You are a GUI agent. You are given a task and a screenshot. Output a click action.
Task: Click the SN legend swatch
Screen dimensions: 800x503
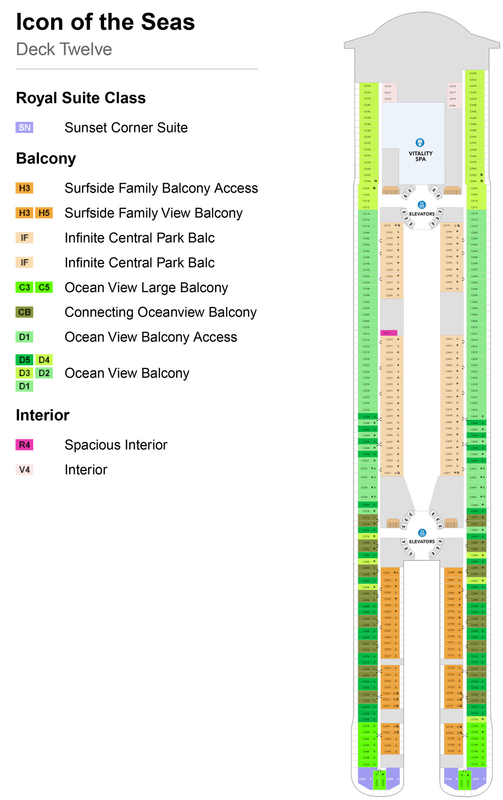(x=24, y=127)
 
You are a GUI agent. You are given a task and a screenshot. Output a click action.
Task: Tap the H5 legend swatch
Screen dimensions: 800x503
(x=44, y=213)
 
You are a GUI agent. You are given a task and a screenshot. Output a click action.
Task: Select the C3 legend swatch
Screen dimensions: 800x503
(x=24, y=287)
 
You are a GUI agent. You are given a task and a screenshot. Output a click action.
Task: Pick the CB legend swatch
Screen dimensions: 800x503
(x=24, y=312)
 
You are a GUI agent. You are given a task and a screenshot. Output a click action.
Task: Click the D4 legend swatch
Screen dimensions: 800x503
(x=44, y=360)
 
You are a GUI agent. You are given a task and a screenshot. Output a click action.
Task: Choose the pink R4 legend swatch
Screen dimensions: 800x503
(x=24, y=445)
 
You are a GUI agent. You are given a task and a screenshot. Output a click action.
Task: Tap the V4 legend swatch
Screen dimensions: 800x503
(x=24, y=470)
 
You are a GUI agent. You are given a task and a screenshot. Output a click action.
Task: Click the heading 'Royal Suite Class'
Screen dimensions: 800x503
(x=81, y=98)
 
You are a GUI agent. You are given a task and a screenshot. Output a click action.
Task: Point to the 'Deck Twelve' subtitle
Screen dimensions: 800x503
(x=64, y=49)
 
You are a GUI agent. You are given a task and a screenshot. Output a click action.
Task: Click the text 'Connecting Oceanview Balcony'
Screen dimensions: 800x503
(x=161, y=312)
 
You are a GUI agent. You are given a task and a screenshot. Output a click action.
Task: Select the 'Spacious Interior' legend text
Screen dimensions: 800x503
(x=116, y=445)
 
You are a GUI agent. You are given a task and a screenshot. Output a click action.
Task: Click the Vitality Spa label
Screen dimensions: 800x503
(x=420, y=156)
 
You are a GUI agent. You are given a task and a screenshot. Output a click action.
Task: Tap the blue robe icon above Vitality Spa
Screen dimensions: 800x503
(x=420, y=142)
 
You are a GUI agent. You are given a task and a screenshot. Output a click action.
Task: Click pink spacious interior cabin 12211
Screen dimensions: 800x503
(x=388, y=333)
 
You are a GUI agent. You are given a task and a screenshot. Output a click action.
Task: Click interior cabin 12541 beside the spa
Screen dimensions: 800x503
(x=453, y=106)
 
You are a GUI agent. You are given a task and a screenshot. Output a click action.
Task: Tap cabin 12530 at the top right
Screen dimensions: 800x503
(x=473, y=73)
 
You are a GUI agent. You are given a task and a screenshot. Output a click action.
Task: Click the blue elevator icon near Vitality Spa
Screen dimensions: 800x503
(x=422, y=205)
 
